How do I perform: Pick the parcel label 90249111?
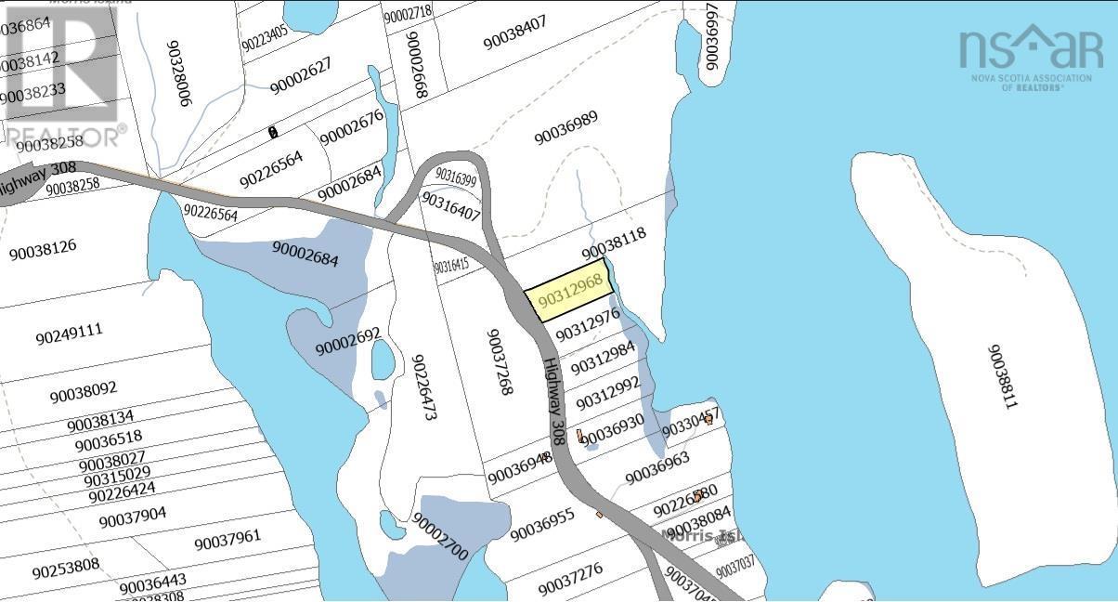tap(69, 332)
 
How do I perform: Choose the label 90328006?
tap(178, 73)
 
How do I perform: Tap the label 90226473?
tap(423, 387)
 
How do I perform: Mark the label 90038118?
tap(613, 243)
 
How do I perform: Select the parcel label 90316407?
tap(450, 206)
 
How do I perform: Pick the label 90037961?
tap(227, 539)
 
